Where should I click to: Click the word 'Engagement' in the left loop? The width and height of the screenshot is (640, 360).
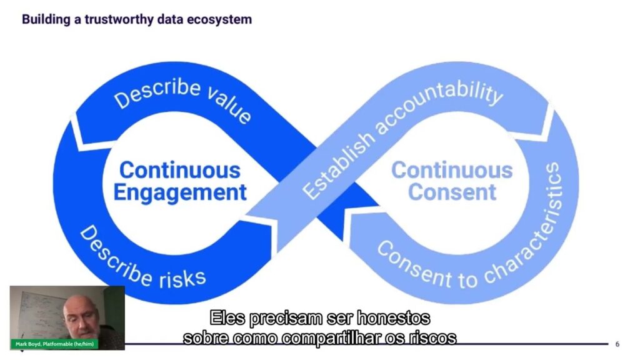180,192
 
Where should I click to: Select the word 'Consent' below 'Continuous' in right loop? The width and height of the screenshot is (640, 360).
452,192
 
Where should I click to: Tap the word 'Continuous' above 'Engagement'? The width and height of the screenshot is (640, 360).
180,170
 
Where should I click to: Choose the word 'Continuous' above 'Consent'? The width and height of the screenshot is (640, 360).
452,170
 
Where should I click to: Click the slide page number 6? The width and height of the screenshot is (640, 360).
617,344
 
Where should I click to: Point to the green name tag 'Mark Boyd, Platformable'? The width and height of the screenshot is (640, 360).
55,344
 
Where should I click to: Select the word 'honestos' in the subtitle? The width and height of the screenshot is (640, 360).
393,318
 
